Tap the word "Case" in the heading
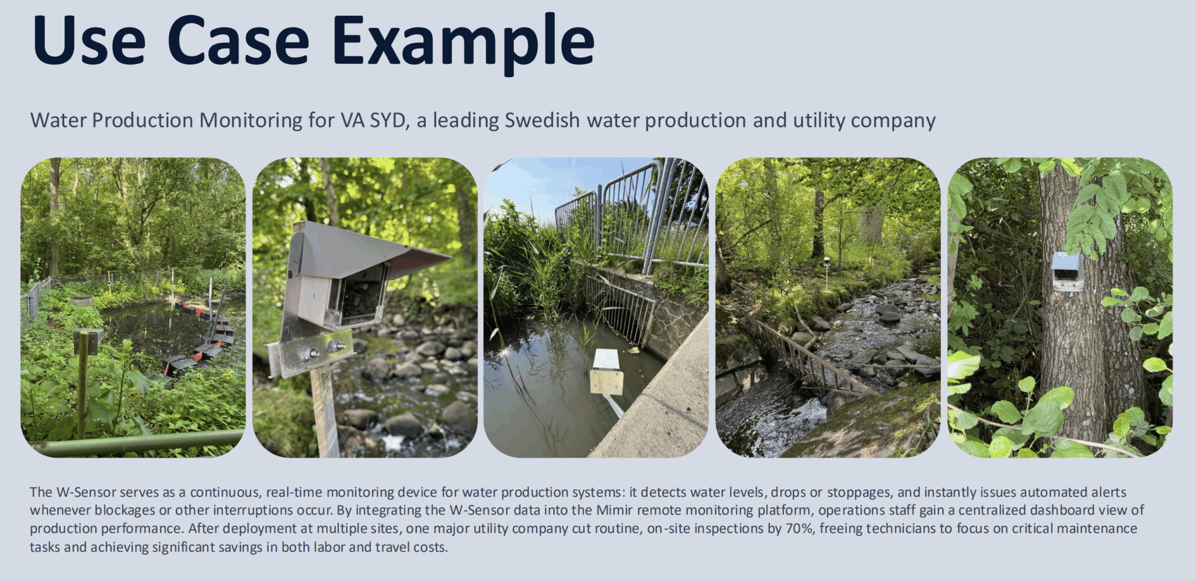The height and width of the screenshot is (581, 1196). [x=238, y=41]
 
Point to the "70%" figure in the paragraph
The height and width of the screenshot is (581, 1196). [x=800, y=528]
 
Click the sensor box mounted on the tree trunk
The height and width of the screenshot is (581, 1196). [x=1068, y=272]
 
